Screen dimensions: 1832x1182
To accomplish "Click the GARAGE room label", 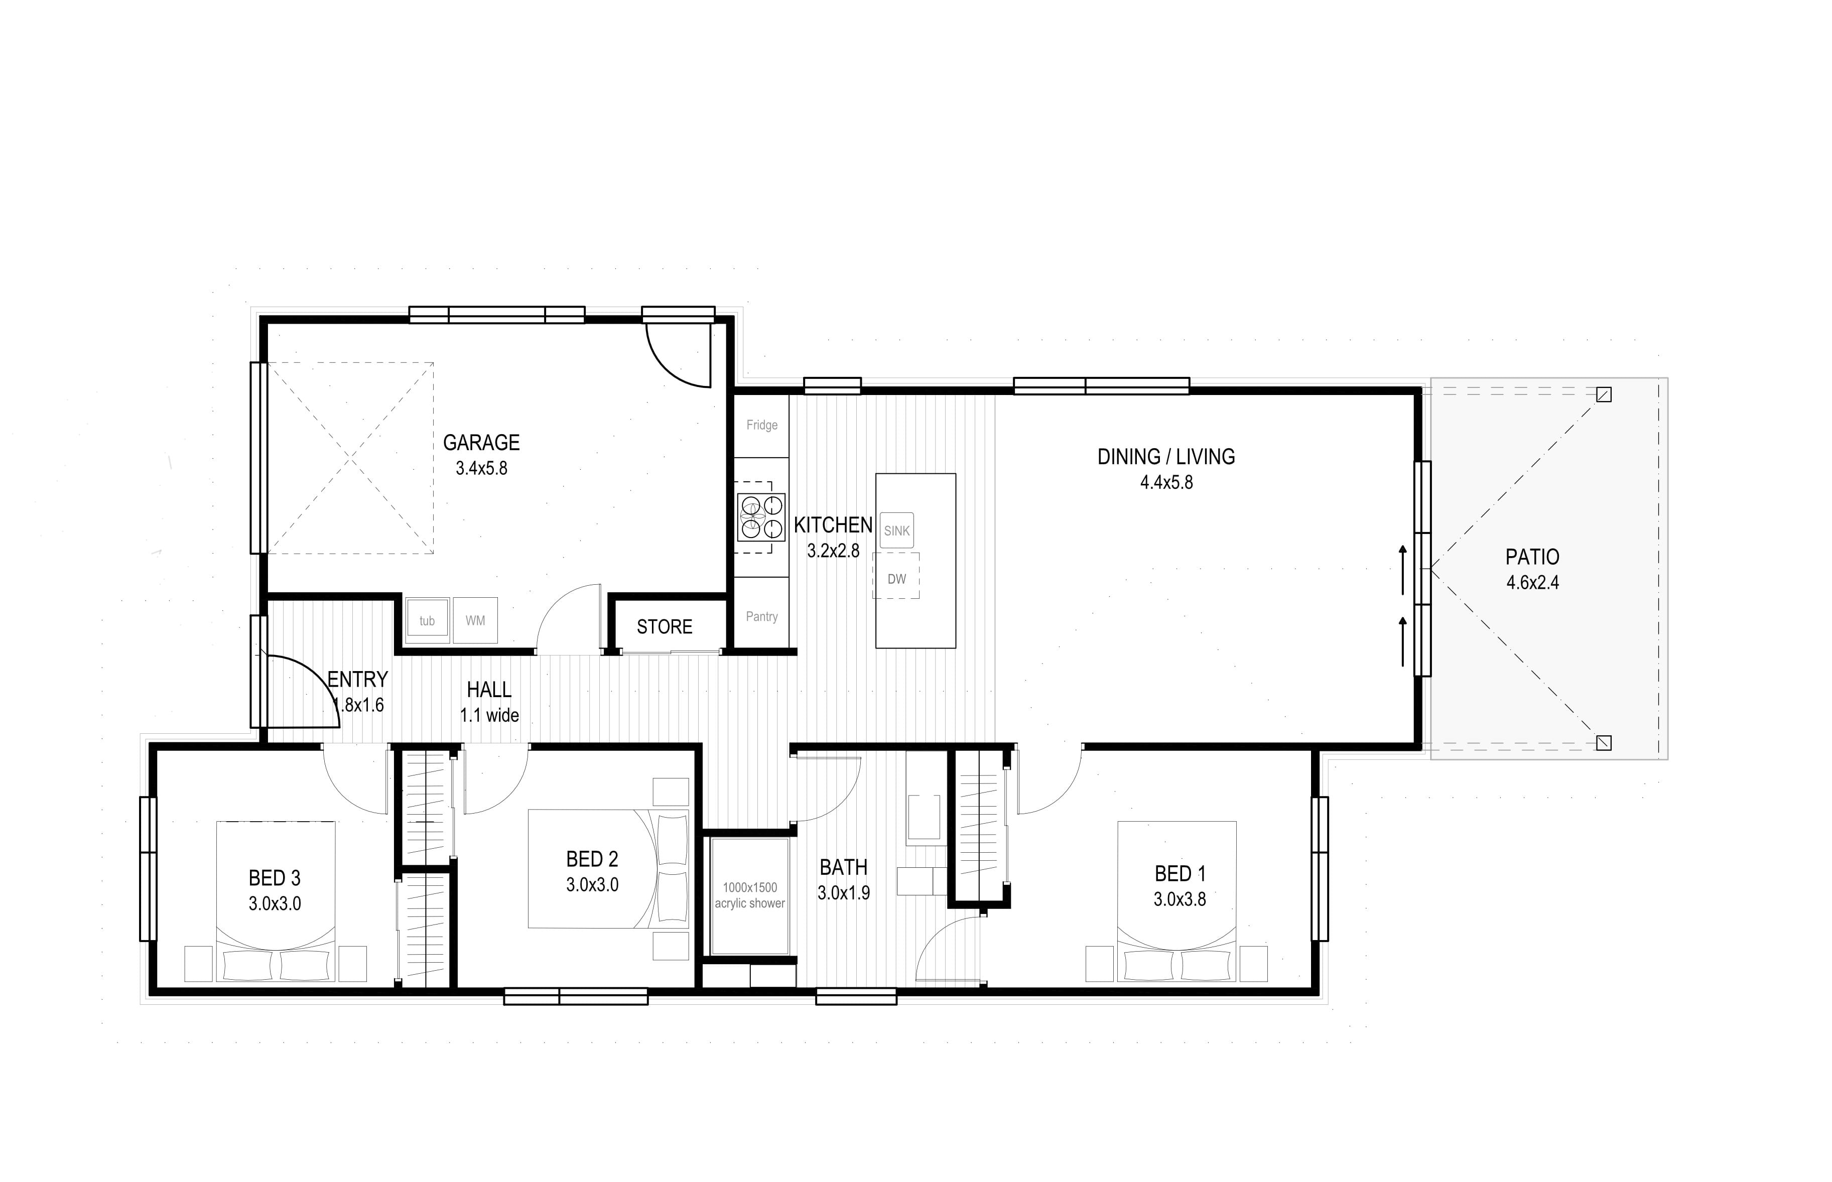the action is pos(481,443).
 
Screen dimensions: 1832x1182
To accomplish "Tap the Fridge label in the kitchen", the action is pos(761,425).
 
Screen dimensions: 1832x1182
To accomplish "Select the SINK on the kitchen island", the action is pos(896,531).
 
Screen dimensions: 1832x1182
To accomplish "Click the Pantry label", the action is pos(761,616).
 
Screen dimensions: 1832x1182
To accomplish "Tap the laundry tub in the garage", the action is pos(427,620).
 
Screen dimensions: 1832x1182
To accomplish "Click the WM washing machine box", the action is pos(475,620).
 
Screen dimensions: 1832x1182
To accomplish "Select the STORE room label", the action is pos(665,627).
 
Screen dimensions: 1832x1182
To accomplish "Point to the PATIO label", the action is pos(1532,557).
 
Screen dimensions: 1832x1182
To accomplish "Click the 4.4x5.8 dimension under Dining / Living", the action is pos(1166,483).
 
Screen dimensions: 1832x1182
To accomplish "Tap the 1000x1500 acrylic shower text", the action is pos(750,895).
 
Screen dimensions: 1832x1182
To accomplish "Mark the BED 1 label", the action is pos(1180,873).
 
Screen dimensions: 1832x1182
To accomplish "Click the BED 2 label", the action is pos(592,859).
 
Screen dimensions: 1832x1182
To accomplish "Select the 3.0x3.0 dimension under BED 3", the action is pos(275,904).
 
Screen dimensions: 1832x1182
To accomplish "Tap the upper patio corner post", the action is pos(1603,395).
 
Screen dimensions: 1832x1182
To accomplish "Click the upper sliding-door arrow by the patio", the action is pos(1403,570).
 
